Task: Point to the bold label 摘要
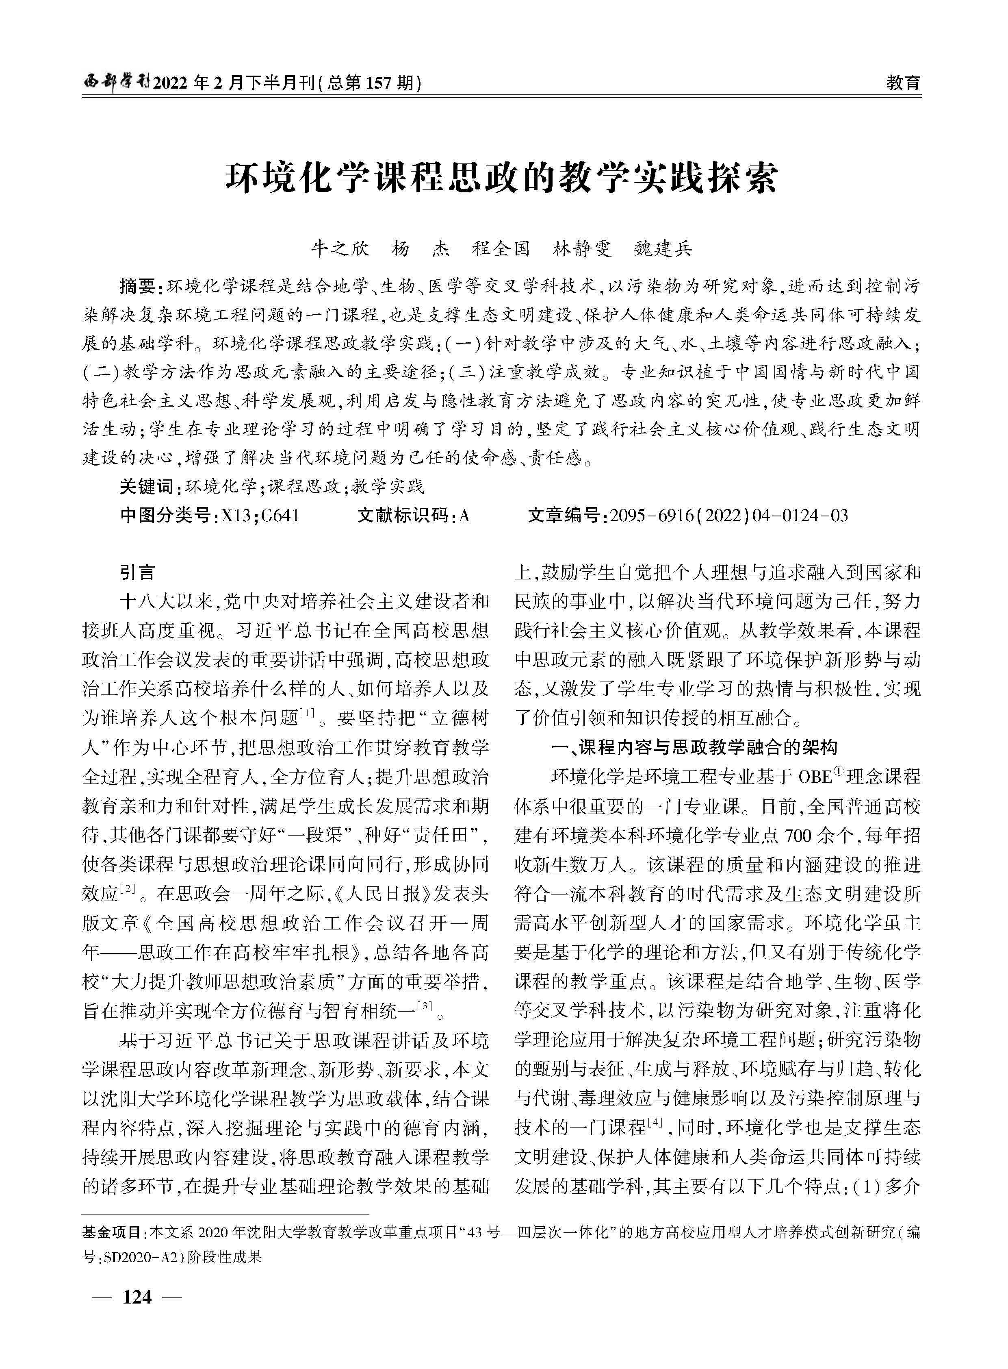pos(139,286)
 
